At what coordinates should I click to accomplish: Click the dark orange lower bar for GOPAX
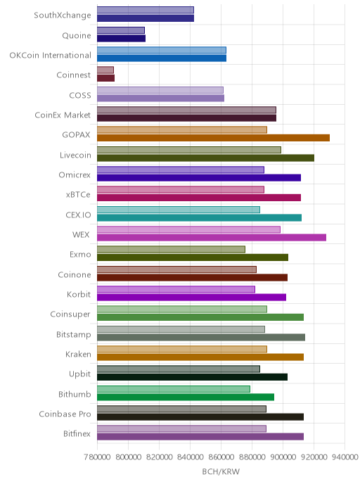tap(213, 138)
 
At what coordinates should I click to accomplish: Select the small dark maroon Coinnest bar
tap(105, 78)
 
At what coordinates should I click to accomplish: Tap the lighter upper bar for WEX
tap(189, 229)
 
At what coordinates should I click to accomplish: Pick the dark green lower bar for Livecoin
tap(205, 158)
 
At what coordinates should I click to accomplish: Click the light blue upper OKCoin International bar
tap(162, 50)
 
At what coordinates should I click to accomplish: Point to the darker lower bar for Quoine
tap(121, 38)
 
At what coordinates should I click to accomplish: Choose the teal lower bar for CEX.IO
tap(199, 217)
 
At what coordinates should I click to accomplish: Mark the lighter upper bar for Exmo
tap(171, 250)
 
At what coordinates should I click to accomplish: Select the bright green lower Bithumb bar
tap(186, 397)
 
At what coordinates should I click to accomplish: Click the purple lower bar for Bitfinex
tap(200, 436)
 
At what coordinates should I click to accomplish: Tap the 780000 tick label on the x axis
tap(97, 457)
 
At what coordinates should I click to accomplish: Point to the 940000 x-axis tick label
tap(345, 457)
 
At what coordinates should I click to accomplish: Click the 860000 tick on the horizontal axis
tap(221, 457)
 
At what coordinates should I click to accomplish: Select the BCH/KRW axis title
tap(221, 471)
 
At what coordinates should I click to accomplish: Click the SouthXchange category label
tap(63, 15)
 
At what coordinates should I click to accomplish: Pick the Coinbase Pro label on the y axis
tap(65, 414)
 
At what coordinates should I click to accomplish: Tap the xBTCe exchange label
tap(78, 194)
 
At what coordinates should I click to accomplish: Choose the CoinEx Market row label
tap(63, 115)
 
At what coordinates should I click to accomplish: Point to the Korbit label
tap(79, 294)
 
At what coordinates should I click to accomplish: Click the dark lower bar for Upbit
tap(192, 377)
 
